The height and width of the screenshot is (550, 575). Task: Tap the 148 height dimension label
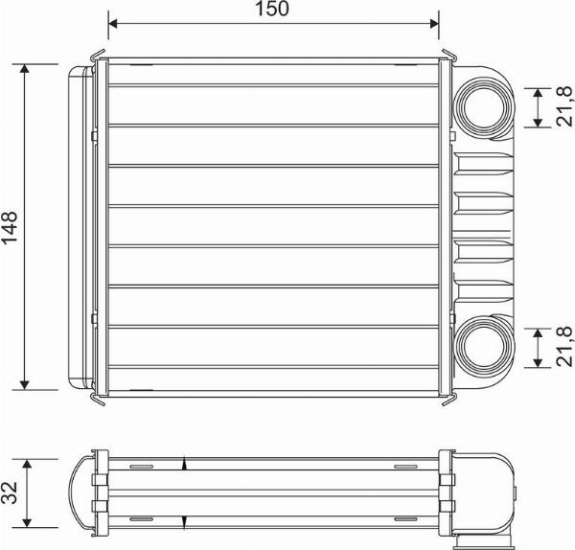coord(11,227)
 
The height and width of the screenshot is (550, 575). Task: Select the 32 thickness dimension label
coord(10,493)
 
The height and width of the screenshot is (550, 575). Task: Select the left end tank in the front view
coord(81,227)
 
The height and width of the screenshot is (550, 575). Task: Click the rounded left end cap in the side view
coord(82,493)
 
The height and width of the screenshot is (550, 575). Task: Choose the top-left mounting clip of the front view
coord(101,57)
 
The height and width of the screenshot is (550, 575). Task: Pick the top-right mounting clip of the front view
coord(447,57)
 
